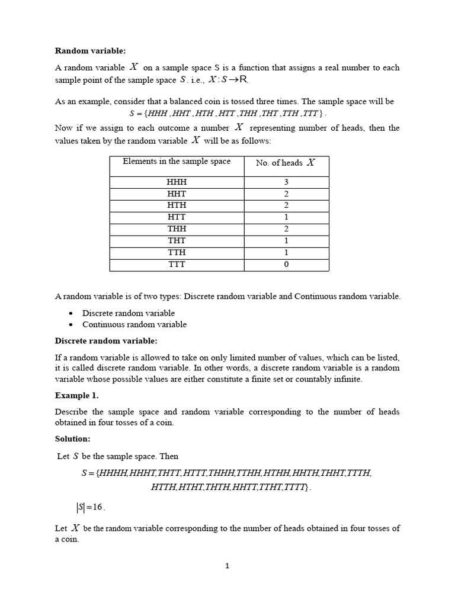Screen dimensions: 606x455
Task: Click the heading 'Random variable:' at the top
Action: tap(90, 51)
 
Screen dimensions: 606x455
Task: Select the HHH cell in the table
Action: tap(177, 182)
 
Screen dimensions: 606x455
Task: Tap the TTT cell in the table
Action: tap(177, 265)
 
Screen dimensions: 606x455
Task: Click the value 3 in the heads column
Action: tap(286, 182)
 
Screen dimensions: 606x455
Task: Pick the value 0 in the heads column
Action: tap(286, 265)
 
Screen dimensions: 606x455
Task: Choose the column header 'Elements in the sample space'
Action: tap(177, 162)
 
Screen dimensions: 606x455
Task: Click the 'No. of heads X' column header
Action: tap(286, 163)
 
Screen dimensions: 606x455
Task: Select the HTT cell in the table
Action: tap(177, 217)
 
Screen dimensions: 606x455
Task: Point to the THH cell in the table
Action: tap(177, 229)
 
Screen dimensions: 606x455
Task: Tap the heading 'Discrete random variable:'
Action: tap(106, 341)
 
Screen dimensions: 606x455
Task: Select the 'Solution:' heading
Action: tap(73, 439)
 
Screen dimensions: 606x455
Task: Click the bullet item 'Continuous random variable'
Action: tap(134, 324)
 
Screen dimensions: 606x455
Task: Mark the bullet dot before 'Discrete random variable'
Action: tap(71, 313)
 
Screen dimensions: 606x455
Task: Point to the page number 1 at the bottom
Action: tap(227, 566)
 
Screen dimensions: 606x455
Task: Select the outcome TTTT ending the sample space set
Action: tap(296, 487)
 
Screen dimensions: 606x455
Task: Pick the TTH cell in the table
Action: tap(177, 253)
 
